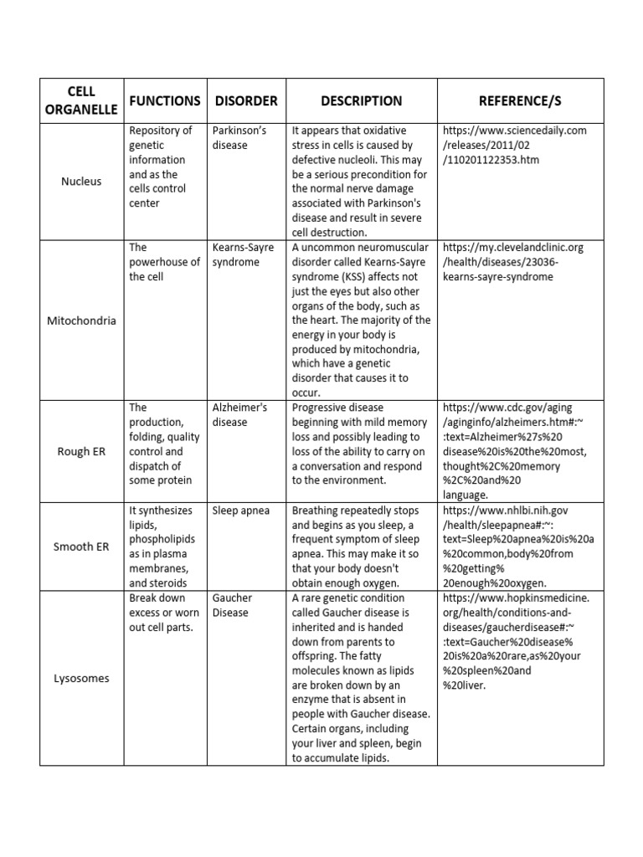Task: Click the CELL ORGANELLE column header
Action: click(x=80, y=100)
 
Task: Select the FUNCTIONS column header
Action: click(x=164, y=100)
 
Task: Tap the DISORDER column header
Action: click(x=246, y=100)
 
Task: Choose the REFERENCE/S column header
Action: click(x=520, y=100)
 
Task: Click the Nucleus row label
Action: click(x=80, y=181)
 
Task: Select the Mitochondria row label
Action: click(x=80, y=321)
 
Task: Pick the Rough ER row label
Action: click(x=80, y=451)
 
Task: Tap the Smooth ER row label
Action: click(x=80, y=547)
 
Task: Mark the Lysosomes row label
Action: click(x=80, y=678)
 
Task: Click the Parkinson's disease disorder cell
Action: click(x=239, y=137)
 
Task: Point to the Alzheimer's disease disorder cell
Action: click(x=239, y=414)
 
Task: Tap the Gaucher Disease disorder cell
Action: click(x=232, y=605)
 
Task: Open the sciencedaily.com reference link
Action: click(x=514, y=145)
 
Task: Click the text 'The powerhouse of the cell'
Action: click(x=164, y=262)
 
